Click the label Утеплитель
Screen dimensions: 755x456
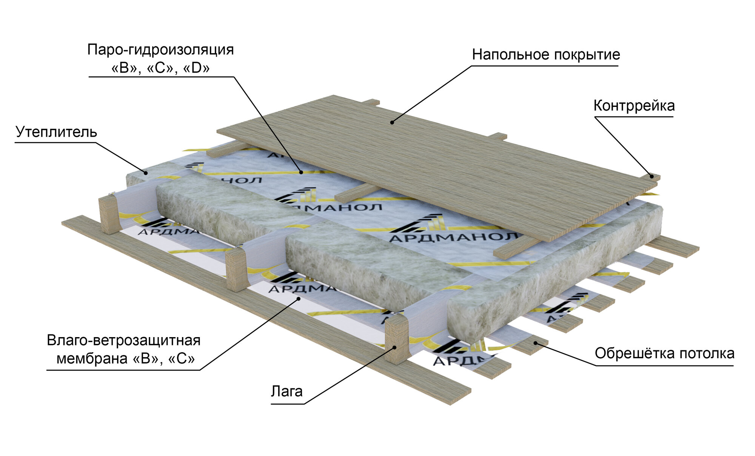click(x=56, y=132)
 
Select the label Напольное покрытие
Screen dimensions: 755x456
click(x=545, y=55)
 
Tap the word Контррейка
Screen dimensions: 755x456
click(x=634, y=106)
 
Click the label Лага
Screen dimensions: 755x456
click(x=287, y=391)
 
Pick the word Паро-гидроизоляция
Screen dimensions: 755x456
click(x=160, y=50)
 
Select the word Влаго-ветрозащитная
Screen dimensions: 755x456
click(x=123, y=340)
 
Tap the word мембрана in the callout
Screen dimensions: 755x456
click(x=92, y=359)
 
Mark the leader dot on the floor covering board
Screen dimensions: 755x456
click(x=392, y=122)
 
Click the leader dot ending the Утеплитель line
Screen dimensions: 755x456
click(x=146, y=173)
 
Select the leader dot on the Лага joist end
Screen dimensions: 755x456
click(x=394, y=347)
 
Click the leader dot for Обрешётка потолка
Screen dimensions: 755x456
click(x=535, y=343)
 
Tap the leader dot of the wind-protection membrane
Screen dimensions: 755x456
click(x=298, y=299)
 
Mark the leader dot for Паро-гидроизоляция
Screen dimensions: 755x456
click(x=301, y=173)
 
